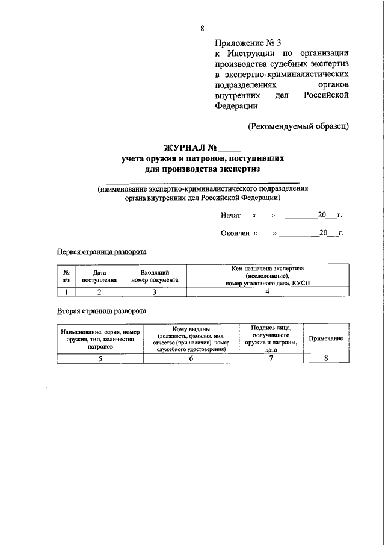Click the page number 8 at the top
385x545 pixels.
(202, 28)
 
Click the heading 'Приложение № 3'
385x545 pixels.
(247, 42)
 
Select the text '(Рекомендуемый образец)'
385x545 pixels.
(298, 126)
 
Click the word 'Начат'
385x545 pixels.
(230, 215)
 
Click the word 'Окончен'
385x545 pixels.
(235, 233)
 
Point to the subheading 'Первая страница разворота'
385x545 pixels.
(101, 252)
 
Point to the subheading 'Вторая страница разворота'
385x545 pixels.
(101, 311)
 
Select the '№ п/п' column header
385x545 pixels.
(66, 276)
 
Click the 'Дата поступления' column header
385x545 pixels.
(100, 276)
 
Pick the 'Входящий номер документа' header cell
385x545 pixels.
(155, 276)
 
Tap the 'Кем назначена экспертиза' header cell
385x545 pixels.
(268, 276)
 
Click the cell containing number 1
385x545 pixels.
(66, 292)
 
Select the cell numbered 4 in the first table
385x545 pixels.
(268, 292)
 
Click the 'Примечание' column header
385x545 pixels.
(326, 338)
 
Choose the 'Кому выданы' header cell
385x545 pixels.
(191, 338)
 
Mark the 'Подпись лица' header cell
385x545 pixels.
(271, 338)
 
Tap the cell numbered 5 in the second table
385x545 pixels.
(100, 358)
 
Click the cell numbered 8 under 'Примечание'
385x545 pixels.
(326, 358)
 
